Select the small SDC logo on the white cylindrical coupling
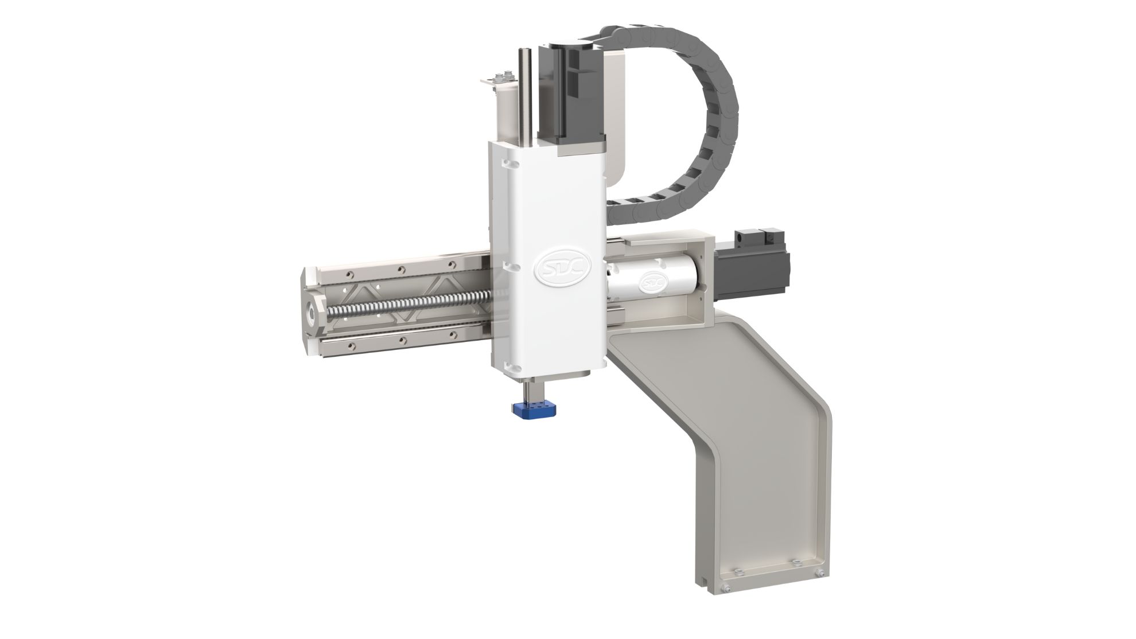click(652, 282)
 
